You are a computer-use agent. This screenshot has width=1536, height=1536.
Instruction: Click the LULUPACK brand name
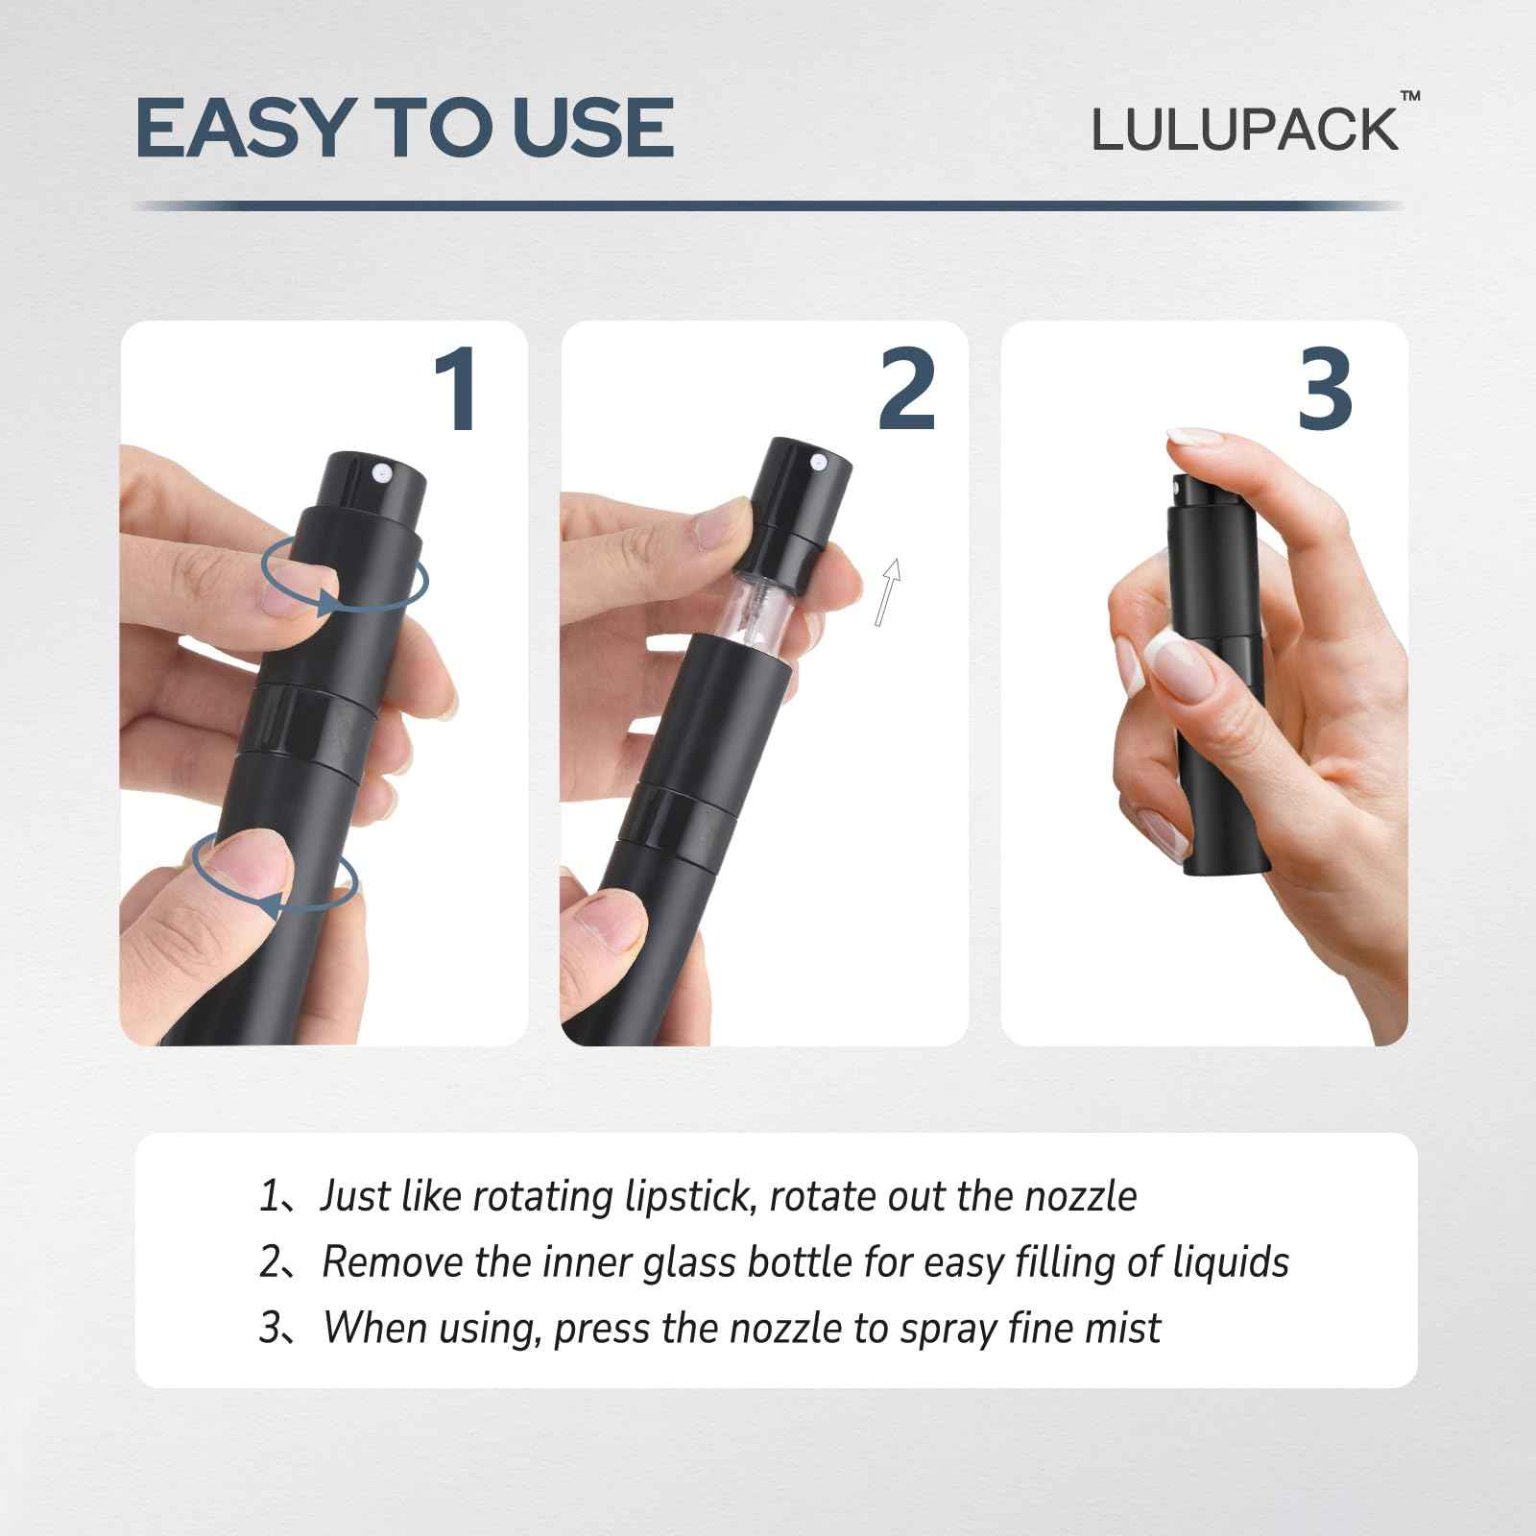tap(1245, 131)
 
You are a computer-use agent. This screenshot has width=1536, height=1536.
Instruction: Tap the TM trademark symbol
tap(1410, 97)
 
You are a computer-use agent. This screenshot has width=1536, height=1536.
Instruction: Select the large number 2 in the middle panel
tap(906, 389)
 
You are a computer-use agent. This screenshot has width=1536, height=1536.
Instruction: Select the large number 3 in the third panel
tap(1325, 389)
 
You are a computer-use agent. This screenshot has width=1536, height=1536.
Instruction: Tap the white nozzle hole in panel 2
tap(818, 464)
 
